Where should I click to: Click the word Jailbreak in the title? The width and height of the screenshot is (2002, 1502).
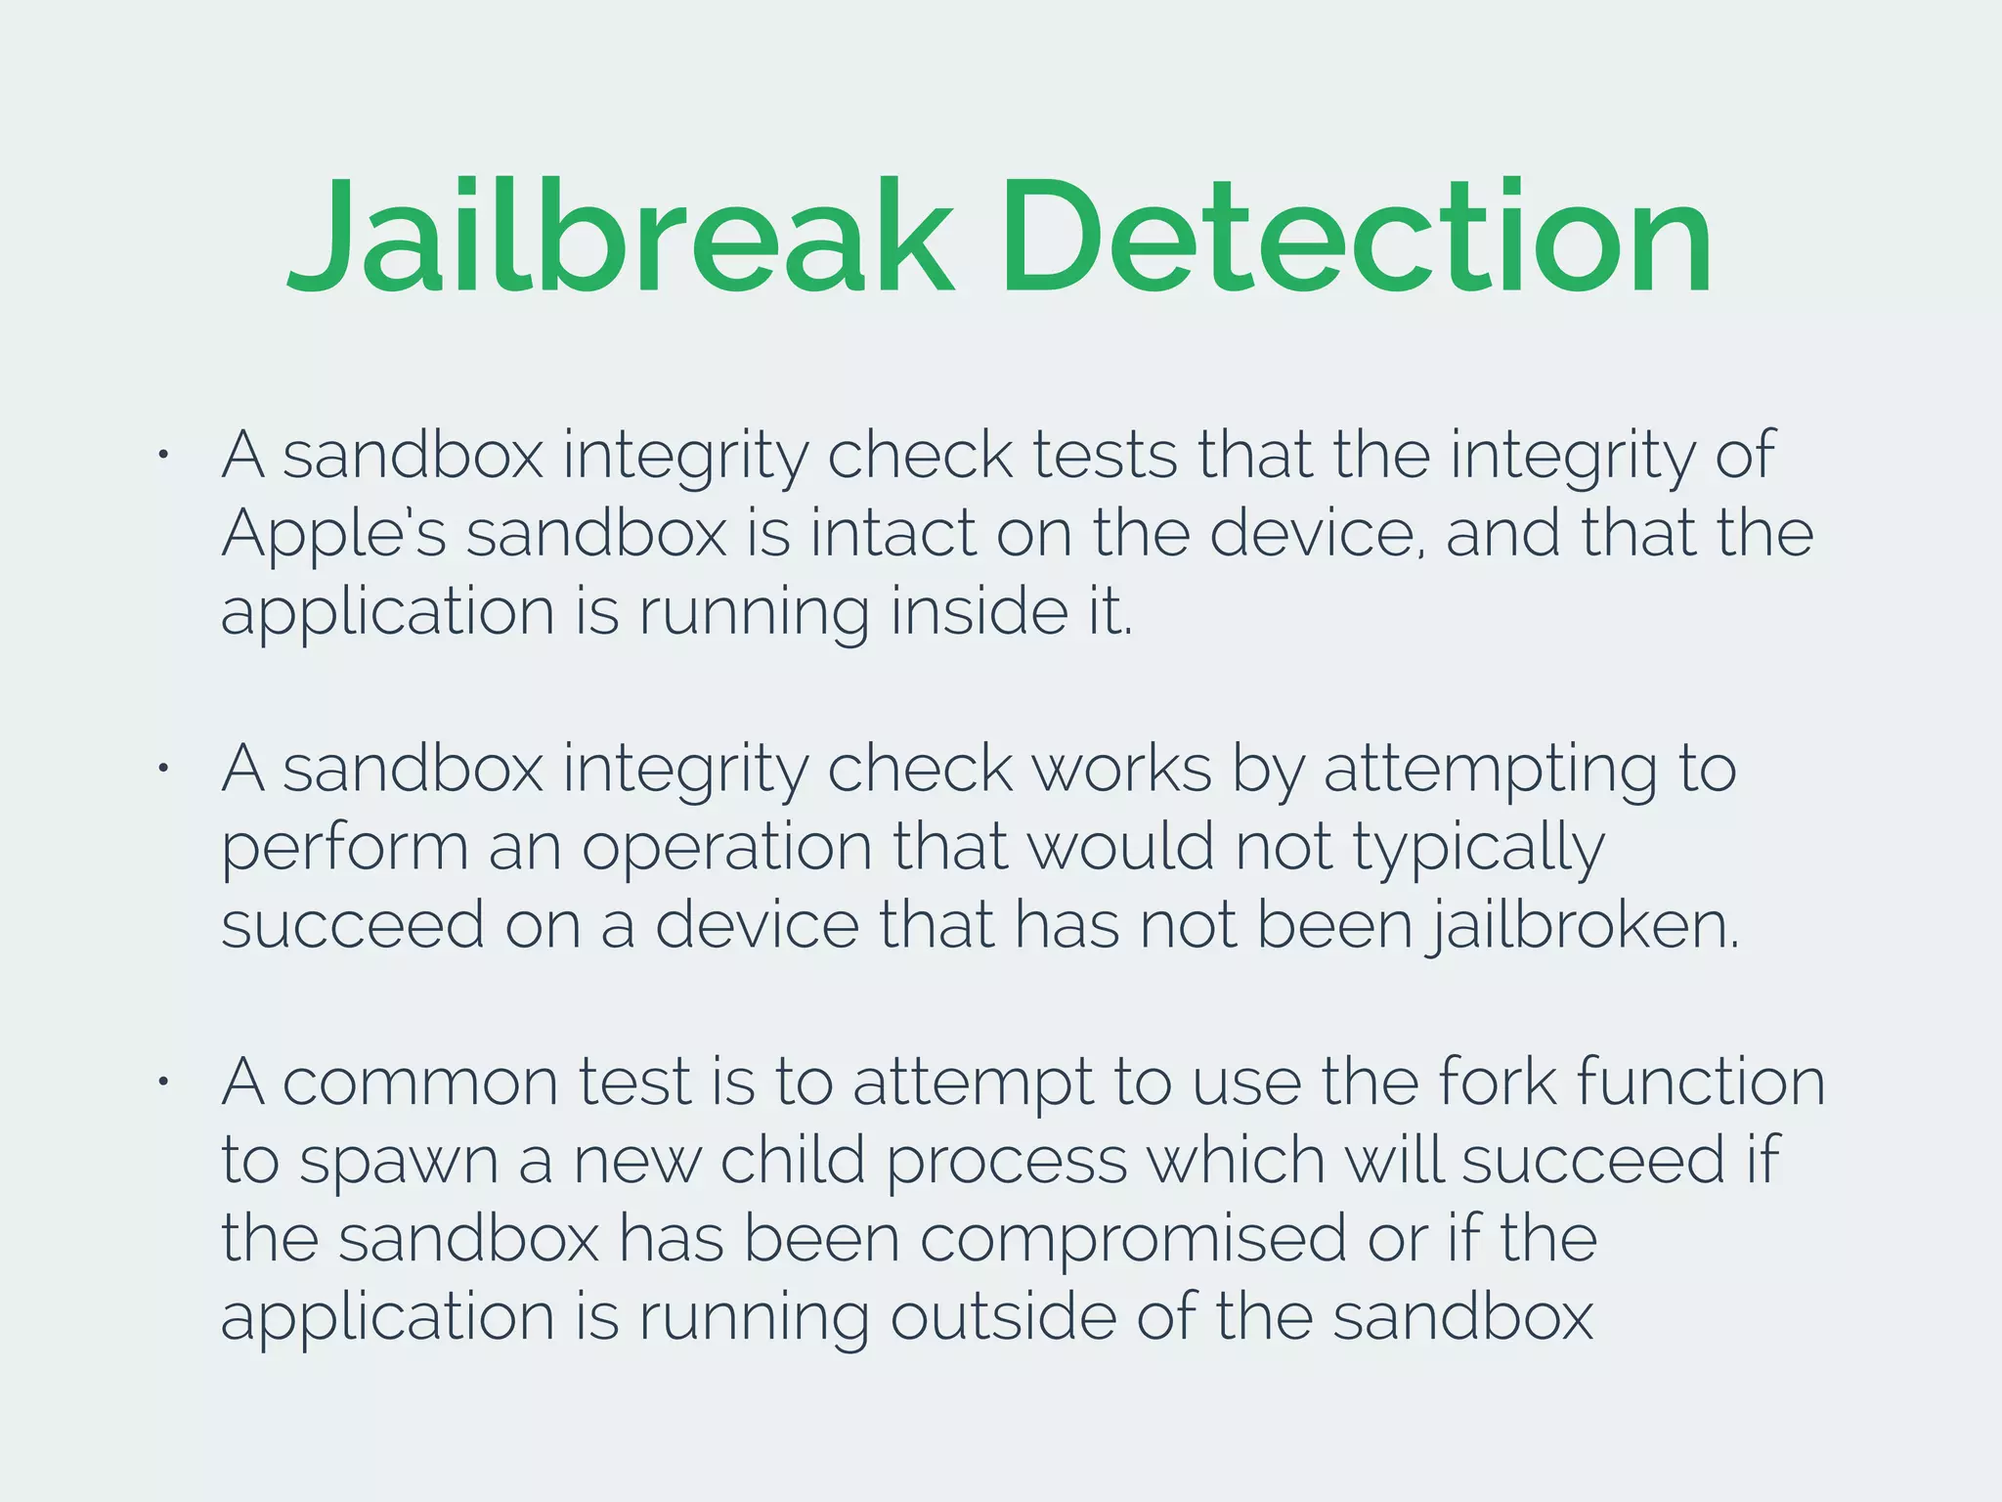620,237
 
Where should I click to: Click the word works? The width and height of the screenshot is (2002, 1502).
1122,770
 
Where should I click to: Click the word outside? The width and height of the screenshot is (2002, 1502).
1002,1317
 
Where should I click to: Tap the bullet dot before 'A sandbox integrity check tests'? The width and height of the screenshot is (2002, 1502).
165,455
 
